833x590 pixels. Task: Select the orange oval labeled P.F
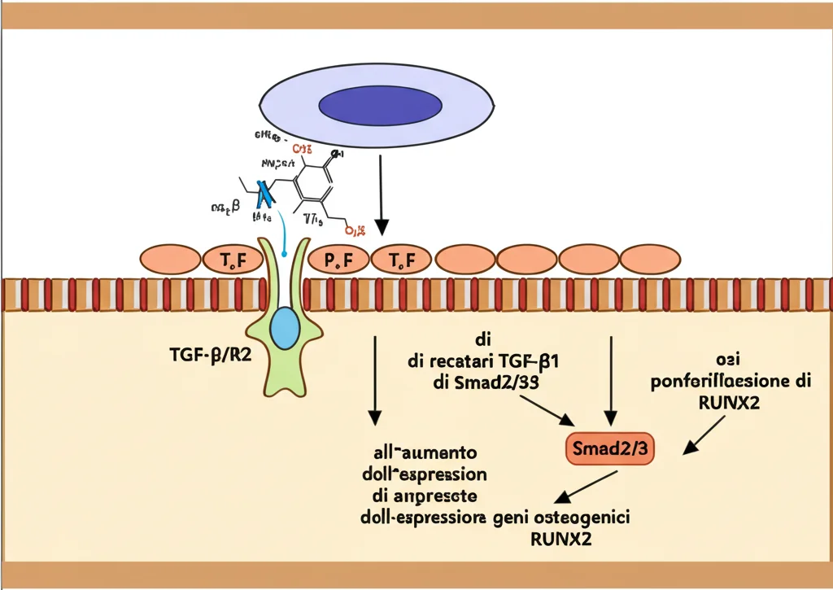tap(337, 260)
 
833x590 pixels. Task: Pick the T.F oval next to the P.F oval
tap(399, 260)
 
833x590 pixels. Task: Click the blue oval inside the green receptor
tap(285, 327)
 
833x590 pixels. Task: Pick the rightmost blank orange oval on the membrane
tap(651, 260)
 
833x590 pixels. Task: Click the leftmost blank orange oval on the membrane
tap(170, 260)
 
